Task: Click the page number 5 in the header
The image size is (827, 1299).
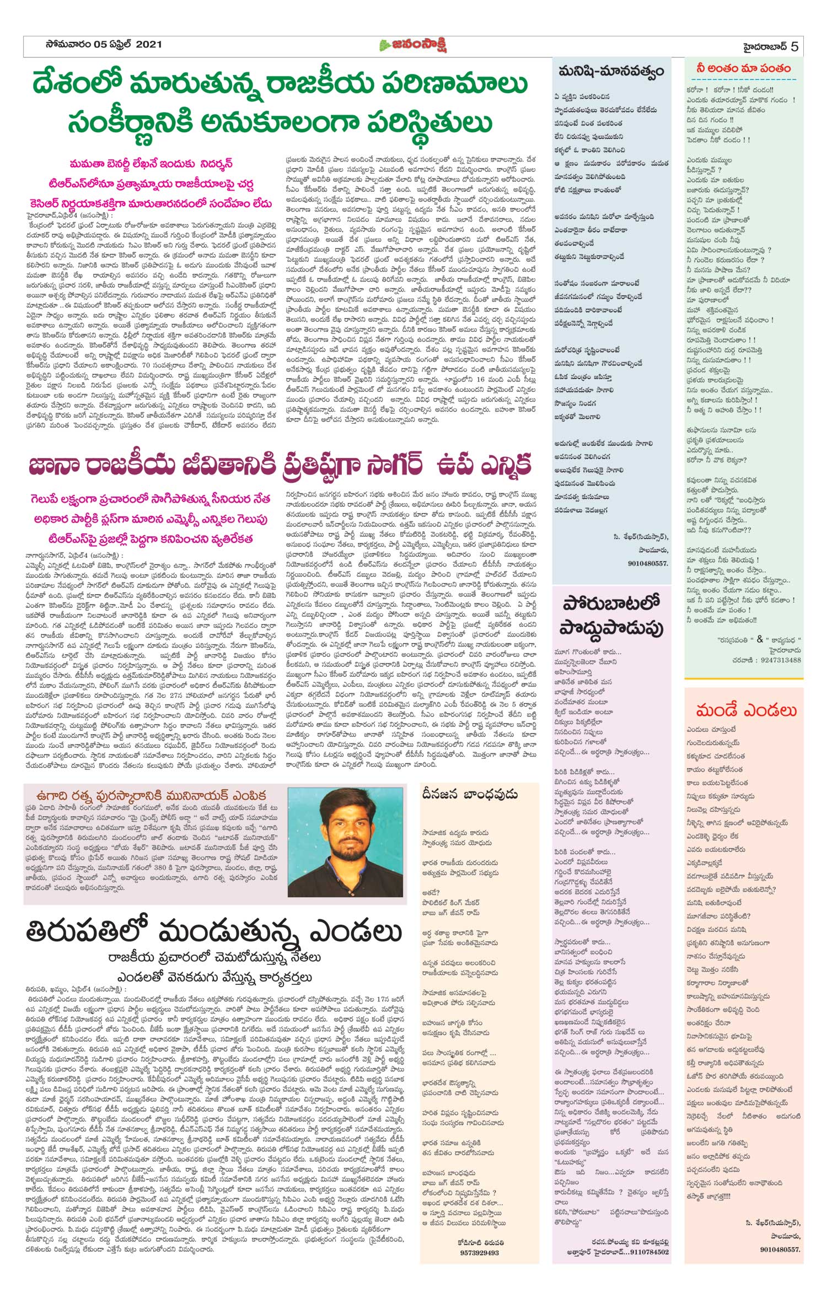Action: pyautogui.click(x=794, y=46)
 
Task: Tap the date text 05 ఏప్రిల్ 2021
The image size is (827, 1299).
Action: pyautogui.click(x=127, y=45)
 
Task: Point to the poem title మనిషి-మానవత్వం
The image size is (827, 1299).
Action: pyautogui.click(x=611, y=72)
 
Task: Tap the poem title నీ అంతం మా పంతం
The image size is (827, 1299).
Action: pyautogui.click(x=743, y=69)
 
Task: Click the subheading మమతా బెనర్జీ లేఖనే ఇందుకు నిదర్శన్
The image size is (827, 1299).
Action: pyautogui.click(x=151, y=164)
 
